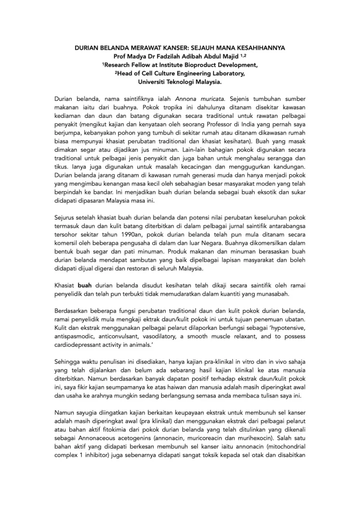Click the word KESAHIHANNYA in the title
256,48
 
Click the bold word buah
85,285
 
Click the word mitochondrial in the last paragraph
286,443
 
